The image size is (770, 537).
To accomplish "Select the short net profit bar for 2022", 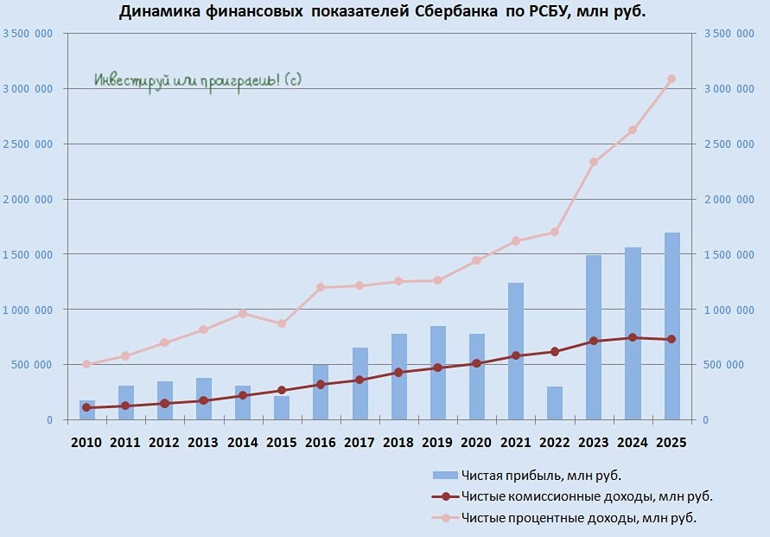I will pos(555,403).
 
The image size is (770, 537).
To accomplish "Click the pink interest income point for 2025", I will pos(671,79).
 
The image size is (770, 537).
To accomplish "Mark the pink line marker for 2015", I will pos(282,323).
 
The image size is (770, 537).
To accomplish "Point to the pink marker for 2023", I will pos(594,162).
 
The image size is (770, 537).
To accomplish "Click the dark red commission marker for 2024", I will pos(633,337).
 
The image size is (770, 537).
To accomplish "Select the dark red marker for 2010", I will pos(86,407).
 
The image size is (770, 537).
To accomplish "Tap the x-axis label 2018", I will pos(398,443).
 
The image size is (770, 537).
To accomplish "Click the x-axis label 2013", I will pos(203,443).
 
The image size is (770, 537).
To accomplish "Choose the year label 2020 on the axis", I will pos(476,443).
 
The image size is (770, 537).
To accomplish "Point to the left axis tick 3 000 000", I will pos(29,89).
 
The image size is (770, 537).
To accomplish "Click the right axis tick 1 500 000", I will pos(730,254).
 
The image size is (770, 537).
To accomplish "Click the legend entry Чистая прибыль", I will pos(541,475).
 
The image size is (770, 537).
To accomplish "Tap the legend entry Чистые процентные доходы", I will pos(578,518).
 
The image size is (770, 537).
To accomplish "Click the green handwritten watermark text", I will pos(198,80).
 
